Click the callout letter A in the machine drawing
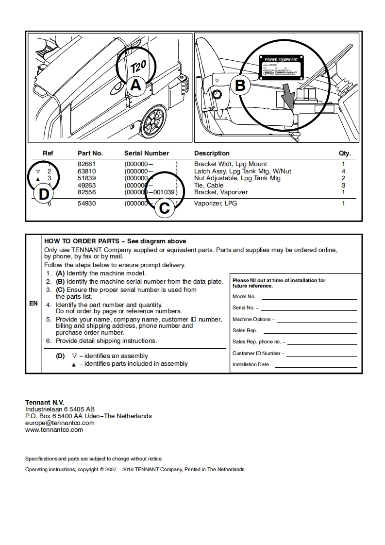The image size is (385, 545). [x=136, y=85]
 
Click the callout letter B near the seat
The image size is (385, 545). [x=240, y=85]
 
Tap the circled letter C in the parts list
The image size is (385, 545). [x=165, y=208]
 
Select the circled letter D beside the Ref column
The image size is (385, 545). [x=44, y=195]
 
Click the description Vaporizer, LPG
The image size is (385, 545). [x=215, y=204]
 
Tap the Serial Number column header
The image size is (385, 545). [x=146, y=153]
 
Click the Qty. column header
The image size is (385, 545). [x=344, y=153]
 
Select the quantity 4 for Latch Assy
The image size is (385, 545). [x=343, y=171]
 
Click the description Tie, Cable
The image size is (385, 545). [x=209, y=185]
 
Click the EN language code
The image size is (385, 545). [x=33, y=304]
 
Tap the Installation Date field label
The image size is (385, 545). [x=252, y=365]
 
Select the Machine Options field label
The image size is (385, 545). [x=253, y=320]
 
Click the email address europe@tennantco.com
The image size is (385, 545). [x=60, y=423]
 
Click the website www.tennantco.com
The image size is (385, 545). [x=54, y=429]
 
